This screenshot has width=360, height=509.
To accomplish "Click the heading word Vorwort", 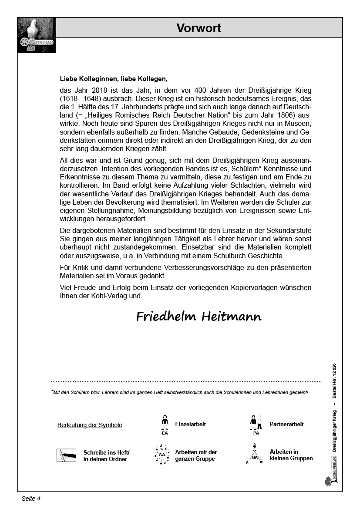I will click(199, 28).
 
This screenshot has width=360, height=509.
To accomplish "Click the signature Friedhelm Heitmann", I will click(199, 317).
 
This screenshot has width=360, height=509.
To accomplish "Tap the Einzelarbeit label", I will click(190, 424).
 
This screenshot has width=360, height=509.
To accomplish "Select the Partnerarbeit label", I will click(286, 424).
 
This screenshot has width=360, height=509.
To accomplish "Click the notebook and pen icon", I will click(66, 455).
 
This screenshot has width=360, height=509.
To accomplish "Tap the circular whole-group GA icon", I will click(162, 455).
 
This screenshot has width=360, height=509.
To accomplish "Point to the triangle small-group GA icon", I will click(255, 454).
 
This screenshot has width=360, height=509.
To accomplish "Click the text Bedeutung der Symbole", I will click(90, 425).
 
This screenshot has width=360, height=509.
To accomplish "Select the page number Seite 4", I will click(31, 499).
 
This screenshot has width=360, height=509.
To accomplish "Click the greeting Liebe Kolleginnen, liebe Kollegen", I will click(114, 79).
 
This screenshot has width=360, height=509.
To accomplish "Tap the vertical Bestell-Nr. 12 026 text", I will click(334, 381).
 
